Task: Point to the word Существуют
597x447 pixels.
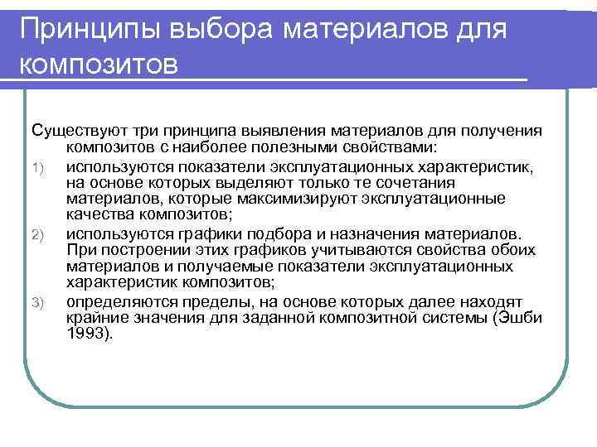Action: click(x=74, y=131)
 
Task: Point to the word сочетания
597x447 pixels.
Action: click(x=408, y=183)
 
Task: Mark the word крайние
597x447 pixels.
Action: click(x=93, y=319)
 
